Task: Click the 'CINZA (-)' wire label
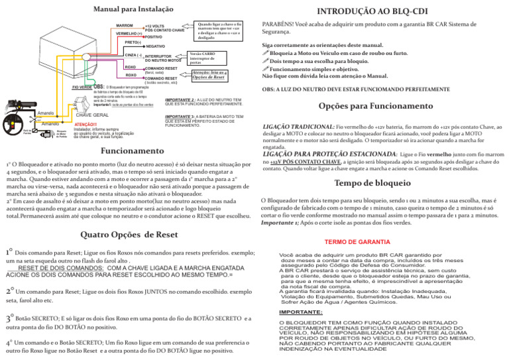coord(133,55)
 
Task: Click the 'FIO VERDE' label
coord(82,87)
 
